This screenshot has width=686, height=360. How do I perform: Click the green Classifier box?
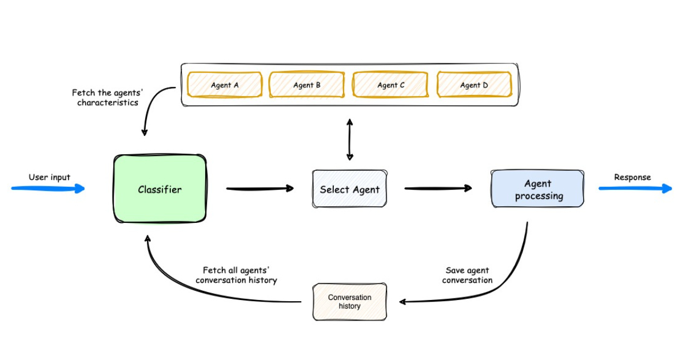159,189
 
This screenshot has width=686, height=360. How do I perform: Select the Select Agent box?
349,189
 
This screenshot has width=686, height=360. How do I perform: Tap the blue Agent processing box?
537,189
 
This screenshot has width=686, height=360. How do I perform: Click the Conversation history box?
349,302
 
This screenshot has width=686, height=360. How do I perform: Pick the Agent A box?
225,85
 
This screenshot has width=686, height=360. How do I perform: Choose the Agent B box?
307,85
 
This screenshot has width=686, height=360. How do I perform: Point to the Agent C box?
391,85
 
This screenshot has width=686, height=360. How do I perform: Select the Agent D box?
474,85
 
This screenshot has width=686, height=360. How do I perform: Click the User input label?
49,177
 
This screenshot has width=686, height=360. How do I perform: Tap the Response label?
632,177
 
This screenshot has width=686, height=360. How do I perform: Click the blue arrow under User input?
49,188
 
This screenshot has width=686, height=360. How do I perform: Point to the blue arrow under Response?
635,188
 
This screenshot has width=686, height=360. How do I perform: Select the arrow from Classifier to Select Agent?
260,188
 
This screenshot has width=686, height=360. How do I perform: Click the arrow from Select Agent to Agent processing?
438,188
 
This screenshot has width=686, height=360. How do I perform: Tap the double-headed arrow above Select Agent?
349,140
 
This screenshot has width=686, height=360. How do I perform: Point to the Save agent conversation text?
467,275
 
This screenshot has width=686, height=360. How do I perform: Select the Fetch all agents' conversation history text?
236,275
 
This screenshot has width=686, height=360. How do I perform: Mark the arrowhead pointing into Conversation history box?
403,302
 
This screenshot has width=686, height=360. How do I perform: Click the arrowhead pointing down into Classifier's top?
144,132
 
